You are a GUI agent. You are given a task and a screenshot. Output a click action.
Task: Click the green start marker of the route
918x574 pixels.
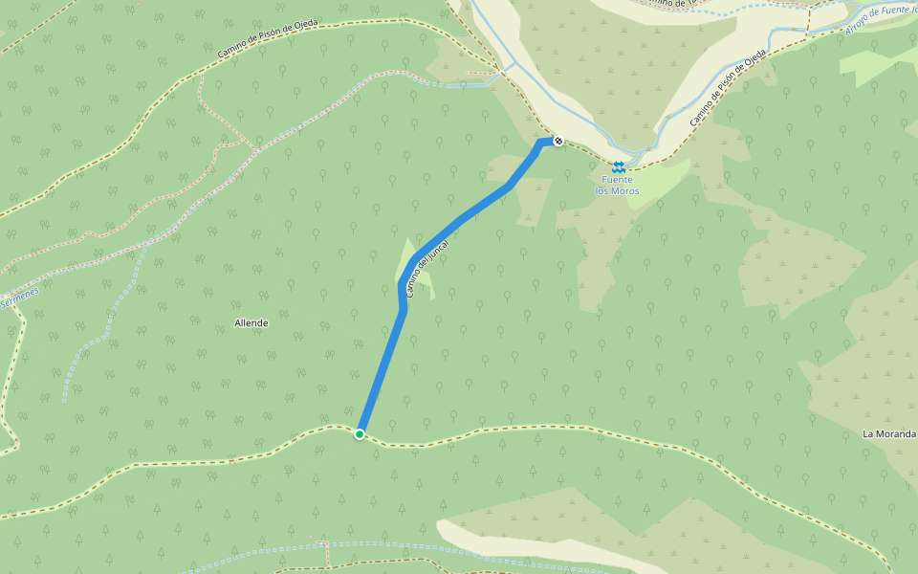pos(360,434)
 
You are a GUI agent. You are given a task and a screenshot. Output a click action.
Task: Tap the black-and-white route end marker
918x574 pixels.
pos(557,142)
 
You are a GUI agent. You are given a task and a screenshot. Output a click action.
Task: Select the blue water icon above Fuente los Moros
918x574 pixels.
pos(619,166)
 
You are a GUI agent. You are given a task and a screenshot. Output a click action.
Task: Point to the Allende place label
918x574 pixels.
pos(251,323)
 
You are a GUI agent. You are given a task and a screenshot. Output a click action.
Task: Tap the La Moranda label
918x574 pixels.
pos(889,433)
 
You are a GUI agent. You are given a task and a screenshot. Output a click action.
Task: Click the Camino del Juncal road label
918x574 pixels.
pos(427,268)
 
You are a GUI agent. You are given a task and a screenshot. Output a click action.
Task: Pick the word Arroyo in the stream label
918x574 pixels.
pos(858,27)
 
